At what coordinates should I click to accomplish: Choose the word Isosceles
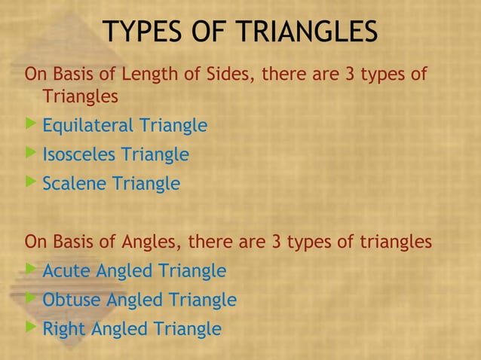pos(79,154)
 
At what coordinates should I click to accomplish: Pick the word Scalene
pos(75,183)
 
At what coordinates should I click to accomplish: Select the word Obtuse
pos(72,300)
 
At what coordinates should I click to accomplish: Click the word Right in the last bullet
pos(64,329)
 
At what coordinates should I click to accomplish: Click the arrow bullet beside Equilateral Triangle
pos(30,124)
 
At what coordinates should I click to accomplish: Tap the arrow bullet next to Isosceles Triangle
pos(30,153)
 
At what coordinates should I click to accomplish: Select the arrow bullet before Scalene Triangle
pos(30,182)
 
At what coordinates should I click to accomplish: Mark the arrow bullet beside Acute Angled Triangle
pos(30,269)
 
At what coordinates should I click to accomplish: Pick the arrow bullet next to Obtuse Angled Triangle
pos(30,298)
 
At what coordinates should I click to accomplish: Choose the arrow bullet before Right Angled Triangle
pos(30,328)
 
